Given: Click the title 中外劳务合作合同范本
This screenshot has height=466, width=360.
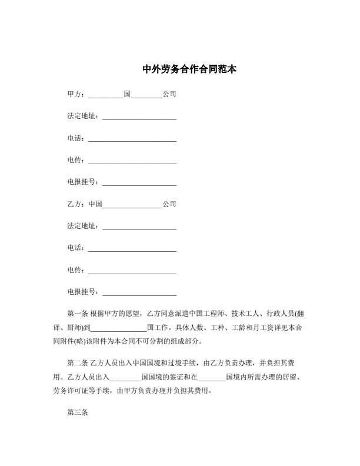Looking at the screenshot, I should click(189, 69).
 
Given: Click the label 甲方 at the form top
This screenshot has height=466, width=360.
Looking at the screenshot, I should click(76, 94).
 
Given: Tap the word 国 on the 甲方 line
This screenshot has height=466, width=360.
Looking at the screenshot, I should click(127, 94).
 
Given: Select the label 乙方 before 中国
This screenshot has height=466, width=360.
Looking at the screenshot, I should click(76, 204).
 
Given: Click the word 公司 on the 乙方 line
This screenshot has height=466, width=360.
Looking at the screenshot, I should click(169, 204).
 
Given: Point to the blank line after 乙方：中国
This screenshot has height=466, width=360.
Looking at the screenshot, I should click(132, 205).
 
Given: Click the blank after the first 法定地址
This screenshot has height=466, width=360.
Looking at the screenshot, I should click(139, 117).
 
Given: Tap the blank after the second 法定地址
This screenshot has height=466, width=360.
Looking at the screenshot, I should click(139, 227).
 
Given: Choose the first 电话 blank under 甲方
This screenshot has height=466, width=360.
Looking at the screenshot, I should click(132, 139).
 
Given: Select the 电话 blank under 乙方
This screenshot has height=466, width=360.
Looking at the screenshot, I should click(132, 249).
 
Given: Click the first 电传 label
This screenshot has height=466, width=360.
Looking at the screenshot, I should click(76, 160).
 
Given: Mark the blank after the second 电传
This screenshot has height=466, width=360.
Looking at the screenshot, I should click(132, 271).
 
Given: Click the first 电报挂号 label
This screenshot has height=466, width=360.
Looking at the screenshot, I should click(83, 182).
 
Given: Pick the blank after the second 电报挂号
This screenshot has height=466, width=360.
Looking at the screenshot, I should click(139, 293).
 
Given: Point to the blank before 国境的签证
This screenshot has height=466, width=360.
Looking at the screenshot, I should click(125, 377).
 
